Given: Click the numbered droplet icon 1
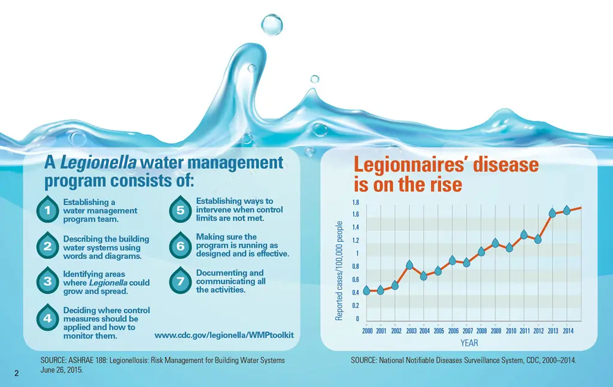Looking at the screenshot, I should click(47, 210).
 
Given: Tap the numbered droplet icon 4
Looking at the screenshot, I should click(47, 319).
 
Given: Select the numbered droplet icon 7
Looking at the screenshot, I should click(180, 282).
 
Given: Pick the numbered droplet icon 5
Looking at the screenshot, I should click(180, 210).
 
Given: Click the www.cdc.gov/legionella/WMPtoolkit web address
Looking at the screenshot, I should click(224, 334).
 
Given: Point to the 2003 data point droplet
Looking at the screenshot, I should click(409, 265).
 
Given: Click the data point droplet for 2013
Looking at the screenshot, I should click(553, 213).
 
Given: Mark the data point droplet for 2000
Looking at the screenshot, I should click(366, 291).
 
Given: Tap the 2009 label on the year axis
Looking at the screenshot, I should click(496, 331).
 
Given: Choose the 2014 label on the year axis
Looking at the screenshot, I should click(568, 331).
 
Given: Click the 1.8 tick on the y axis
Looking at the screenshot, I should click(356, 202).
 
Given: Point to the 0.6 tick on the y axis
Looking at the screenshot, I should click(356, 280).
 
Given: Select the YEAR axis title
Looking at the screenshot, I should click(469, 343).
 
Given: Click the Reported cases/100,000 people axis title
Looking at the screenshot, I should click(339, 270).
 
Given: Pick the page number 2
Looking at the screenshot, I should click(17, 374).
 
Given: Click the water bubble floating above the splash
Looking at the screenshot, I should click(272, 24).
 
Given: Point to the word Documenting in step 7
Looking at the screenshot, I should click(221, 273).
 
